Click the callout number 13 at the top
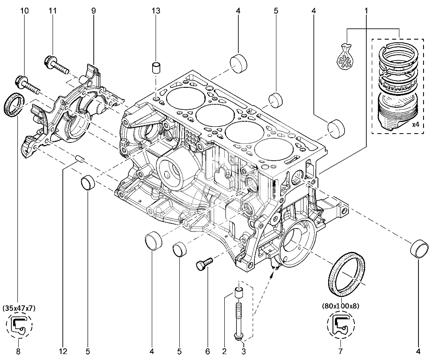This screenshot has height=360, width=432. pos(156,11)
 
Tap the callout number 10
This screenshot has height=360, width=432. pos(25,11)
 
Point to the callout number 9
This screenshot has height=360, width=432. pos(93,11)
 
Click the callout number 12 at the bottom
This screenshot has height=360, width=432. pos(63,351)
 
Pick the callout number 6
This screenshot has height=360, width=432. pos(207,351)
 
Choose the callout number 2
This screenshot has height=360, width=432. pos(224,351)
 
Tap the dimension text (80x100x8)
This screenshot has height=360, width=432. pos(340,305)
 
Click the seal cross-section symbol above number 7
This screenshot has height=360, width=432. pos(340,325)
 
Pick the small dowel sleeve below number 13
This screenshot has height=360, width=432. pos(156,68)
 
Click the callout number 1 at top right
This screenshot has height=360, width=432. pos(366,11)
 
